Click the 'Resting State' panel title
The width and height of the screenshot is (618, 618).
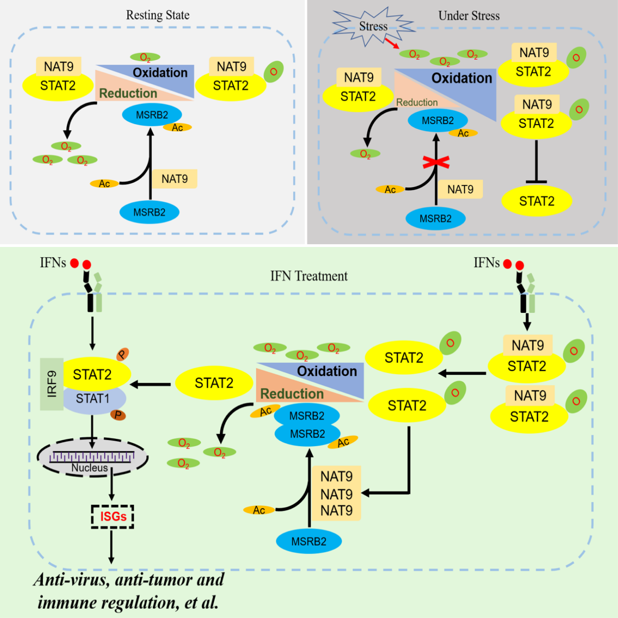[158, 15]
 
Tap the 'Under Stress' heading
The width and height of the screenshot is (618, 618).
[468, 16]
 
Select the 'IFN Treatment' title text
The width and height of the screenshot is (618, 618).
[308, 276]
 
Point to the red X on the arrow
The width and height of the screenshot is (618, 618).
[436, 162]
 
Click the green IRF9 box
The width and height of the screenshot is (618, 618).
[52, 384]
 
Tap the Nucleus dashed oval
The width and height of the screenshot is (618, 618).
[92, 458]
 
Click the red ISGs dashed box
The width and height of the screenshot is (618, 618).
[113, 516]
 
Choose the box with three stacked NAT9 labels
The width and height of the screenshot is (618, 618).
[336, 493]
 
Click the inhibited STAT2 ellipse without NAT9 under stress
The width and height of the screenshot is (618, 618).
[536, 201]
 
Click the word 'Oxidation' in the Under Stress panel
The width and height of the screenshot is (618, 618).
[461, 78]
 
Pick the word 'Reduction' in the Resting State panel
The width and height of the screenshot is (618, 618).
[128, 94]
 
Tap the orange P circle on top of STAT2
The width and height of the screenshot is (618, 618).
[122, 355]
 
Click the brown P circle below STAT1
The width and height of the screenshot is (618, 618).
[118, 415]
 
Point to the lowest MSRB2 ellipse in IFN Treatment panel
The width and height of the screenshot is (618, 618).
[308, 541]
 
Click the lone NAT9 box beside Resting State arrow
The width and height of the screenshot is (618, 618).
[174, 179]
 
